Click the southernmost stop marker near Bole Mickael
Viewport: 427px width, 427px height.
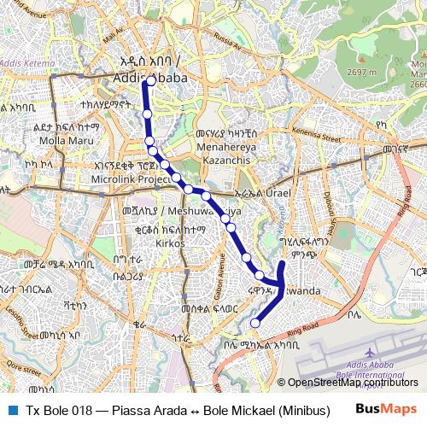254,323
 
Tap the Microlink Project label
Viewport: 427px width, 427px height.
132,180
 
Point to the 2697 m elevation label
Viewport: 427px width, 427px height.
363,73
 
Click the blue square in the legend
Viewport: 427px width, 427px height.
12,410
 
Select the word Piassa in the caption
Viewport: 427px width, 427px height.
119,410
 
